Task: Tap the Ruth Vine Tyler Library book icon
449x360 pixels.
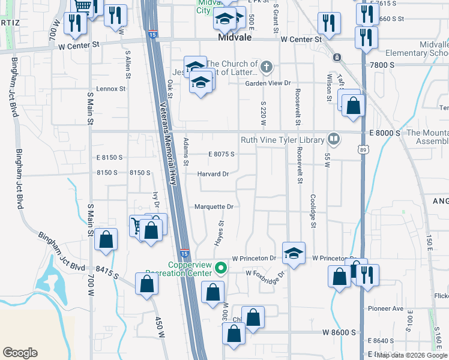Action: pyautogui.click(x=334, y=140)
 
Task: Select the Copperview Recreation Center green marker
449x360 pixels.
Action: pyautogui.click(x=221, y=268)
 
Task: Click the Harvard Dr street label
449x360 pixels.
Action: pyautogui.click(x=214, y=174)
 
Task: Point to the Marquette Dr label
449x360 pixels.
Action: pyautogui.click(x=213, y=207)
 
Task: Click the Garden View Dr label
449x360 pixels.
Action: pyautogui.click(x=268, y=83)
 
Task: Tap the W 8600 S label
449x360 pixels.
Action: pyautogui.click(x=339, y=332)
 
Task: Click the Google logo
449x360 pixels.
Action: pyautogui.click(x=20, y=353)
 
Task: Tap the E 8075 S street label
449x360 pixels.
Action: pyautogui.click(x=221, y=154)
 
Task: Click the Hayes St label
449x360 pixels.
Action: pyautogui.click(x=220, y=232)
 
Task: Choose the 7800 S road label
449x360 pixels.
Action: pyautogui.click(x=383, y=65)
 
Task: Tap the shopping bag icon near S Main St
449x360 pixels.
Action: pyautogui.click(x=106, y=239)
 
